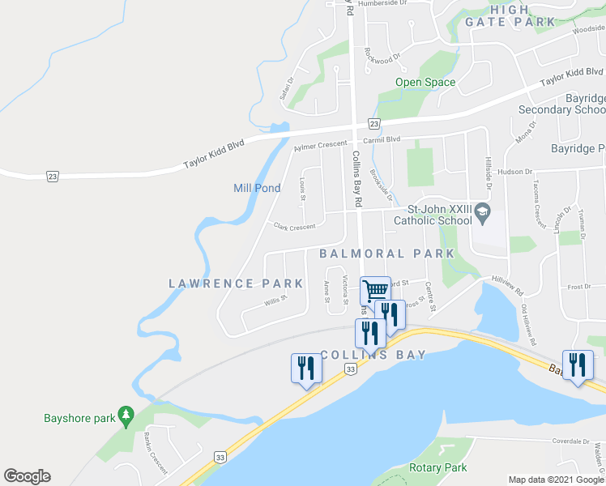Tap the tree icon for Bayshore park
coord(126,416)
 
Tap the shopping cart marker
coord(375,290)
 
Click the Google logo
coord(27,476)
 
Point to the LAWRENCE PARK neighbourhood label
coord(236,283)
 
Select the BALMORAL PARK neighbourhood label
coord(387,254)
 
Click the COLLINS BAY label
coord(373,355)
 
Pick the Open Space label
coord(425,82)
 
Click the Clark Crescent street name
coord(294,228)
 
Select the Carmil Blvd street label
coord(382,139)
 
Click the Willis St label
coord(276,302)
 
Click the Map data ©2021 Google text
coord(555,479)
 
